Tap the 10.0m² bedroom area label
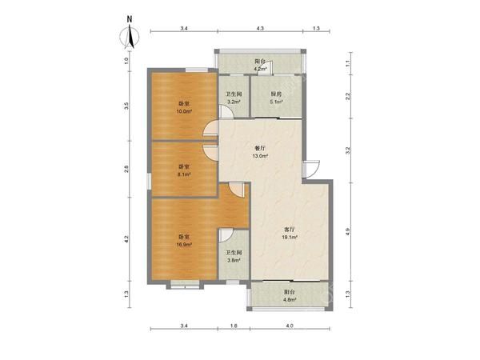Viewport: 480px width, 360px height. (x=184, y=111)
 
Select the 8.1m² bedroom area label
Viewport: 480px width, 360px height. (x=184, y=174)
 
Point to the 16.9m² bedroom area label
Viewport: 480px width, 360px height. (x=184, y=245)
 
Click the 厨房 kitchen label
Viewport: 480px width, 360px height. (x=276, y=94)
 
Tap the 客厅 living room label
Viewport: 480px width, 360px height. (x=290, y=229)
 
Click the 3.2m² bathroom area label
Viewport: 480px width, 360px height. (x=234, y=102)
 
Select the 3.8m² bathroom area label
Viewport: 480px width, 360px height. (x=234, y=261)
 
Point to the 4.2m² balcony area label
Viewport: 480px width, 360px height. (x=260, y=69)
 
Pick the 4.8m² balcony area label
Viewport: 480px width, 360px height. (x=290, y=300)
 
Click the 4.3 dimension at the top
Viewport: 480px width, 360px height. (x=260, y=28)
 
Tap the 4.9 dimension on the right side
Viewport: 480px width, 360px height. (x=347, y=231)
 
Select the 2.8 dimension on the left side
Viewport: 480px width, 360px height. (x=126, y=169)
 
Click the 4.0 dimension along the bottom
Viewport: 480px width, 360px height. (x=290, y=326)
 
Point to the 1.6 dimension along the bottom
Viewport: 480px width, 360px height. (x=234, y=326)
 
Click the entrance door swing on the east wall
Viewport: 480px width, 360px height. (x=311, y=169)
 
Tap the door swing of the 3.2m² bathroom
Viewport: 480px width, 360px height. (x=226, y=111)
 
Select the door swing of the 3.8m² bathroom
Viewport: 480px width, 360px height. (x=226, y=235)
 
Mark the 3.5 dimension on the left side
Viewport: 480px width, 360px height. (x=126, y=106)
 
